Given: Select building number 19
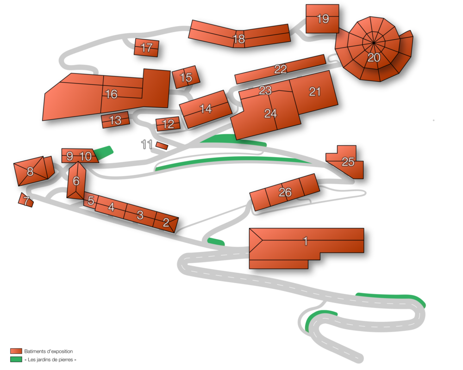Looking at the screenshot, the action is (x=322, y=18).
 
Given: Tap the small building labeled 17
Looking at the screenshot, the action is (x=146, y=48).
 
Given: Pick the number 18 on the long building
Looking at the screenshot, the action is (x=239, y=39).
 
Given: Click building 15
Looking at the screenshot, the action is (x=186, y=77).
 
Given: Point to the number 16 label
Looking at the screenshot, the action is (x=111, y=94).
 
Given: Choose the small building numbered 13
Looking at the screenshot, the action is (x=115, y=120).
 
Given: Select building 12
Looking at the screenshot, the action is (x=168, y=124).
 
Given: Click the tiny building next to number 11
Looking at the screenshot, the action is (x=162, y=146).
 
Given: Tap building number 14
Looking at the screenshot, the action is (x=206, y=109).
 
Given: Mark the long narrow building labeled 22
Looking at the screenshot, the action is (x=280, y=69).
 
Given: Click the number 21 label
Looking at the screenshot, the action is (x=315, y=92).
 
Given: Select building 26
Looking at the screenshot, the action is (x=285, y=192).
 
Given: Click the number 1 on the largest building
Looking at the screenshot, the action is (x=306, y=241).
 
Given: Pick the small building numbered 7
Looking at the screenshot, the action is (x=25, y=200).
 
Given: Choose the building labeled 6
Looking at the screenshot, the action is (x=76, y=180).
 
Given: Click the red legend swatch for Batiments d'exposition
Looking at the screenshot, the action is (x=16, y=351).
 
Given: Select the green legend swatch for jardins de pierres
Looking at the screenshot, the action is (x=16, y=359).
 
